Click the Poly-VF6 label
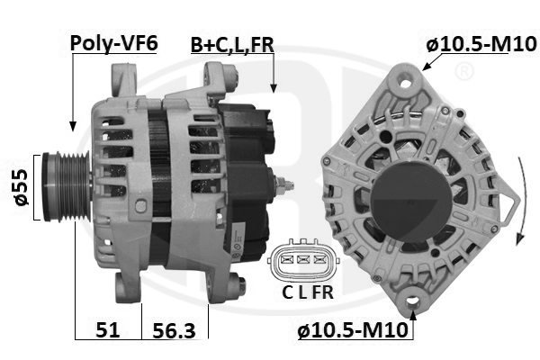click(113, 41)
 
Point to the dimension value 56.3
click(175, 330)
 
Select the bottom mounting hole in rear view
click(415, 302)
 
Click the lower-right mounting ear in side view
click(236, 286)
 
